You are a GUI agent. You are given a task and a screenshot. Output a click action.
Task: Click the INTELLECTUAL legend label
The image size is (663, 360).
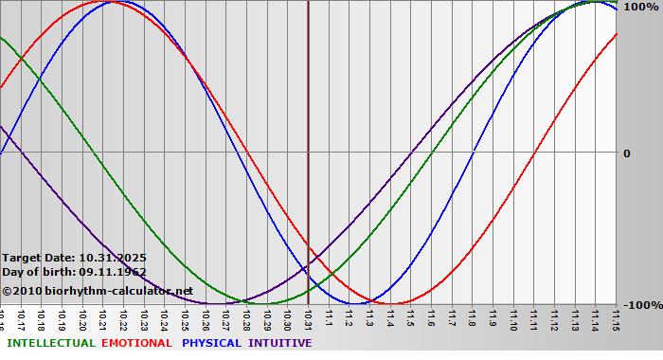coord(50,343)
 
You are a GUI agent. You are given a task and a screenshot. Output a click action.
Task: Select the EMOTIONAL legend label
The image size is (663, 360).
coord(136,343)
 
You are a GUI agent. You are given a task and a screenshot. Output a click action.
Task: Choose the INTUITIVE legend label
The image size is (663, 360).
coord(279,343)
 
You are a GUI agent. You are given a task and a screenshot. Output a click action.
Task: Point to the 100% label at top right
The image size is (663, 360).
coord(640,7)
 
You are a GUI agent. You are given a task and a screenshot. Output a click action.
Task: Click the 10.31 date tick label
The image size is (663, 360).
coord(308,318)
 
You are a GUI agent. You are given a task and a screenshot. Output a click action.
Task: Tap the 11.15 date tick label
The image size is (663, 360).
coord(617,318)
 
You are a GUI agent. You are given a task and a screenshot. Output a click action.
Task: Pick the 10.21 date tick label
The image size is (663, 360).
coord(102,318)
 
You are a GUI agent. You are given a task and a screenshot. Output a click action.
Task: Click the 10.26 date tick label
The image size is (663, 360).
coord(206,318)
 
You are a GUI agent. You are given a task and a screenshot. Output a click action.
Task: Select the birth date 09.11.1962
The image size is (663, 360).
coord(113,272)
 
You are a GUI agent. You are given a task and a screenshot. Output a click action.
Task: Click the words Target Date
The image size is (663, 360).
coord(38,258)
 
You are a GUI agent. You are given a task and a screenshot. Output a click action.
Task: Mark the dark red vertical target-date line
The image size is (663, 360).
coord(308,142)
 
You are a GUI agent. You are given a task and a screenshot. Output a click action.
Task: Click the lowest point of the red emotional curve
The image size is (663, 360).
coord(391,303)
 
